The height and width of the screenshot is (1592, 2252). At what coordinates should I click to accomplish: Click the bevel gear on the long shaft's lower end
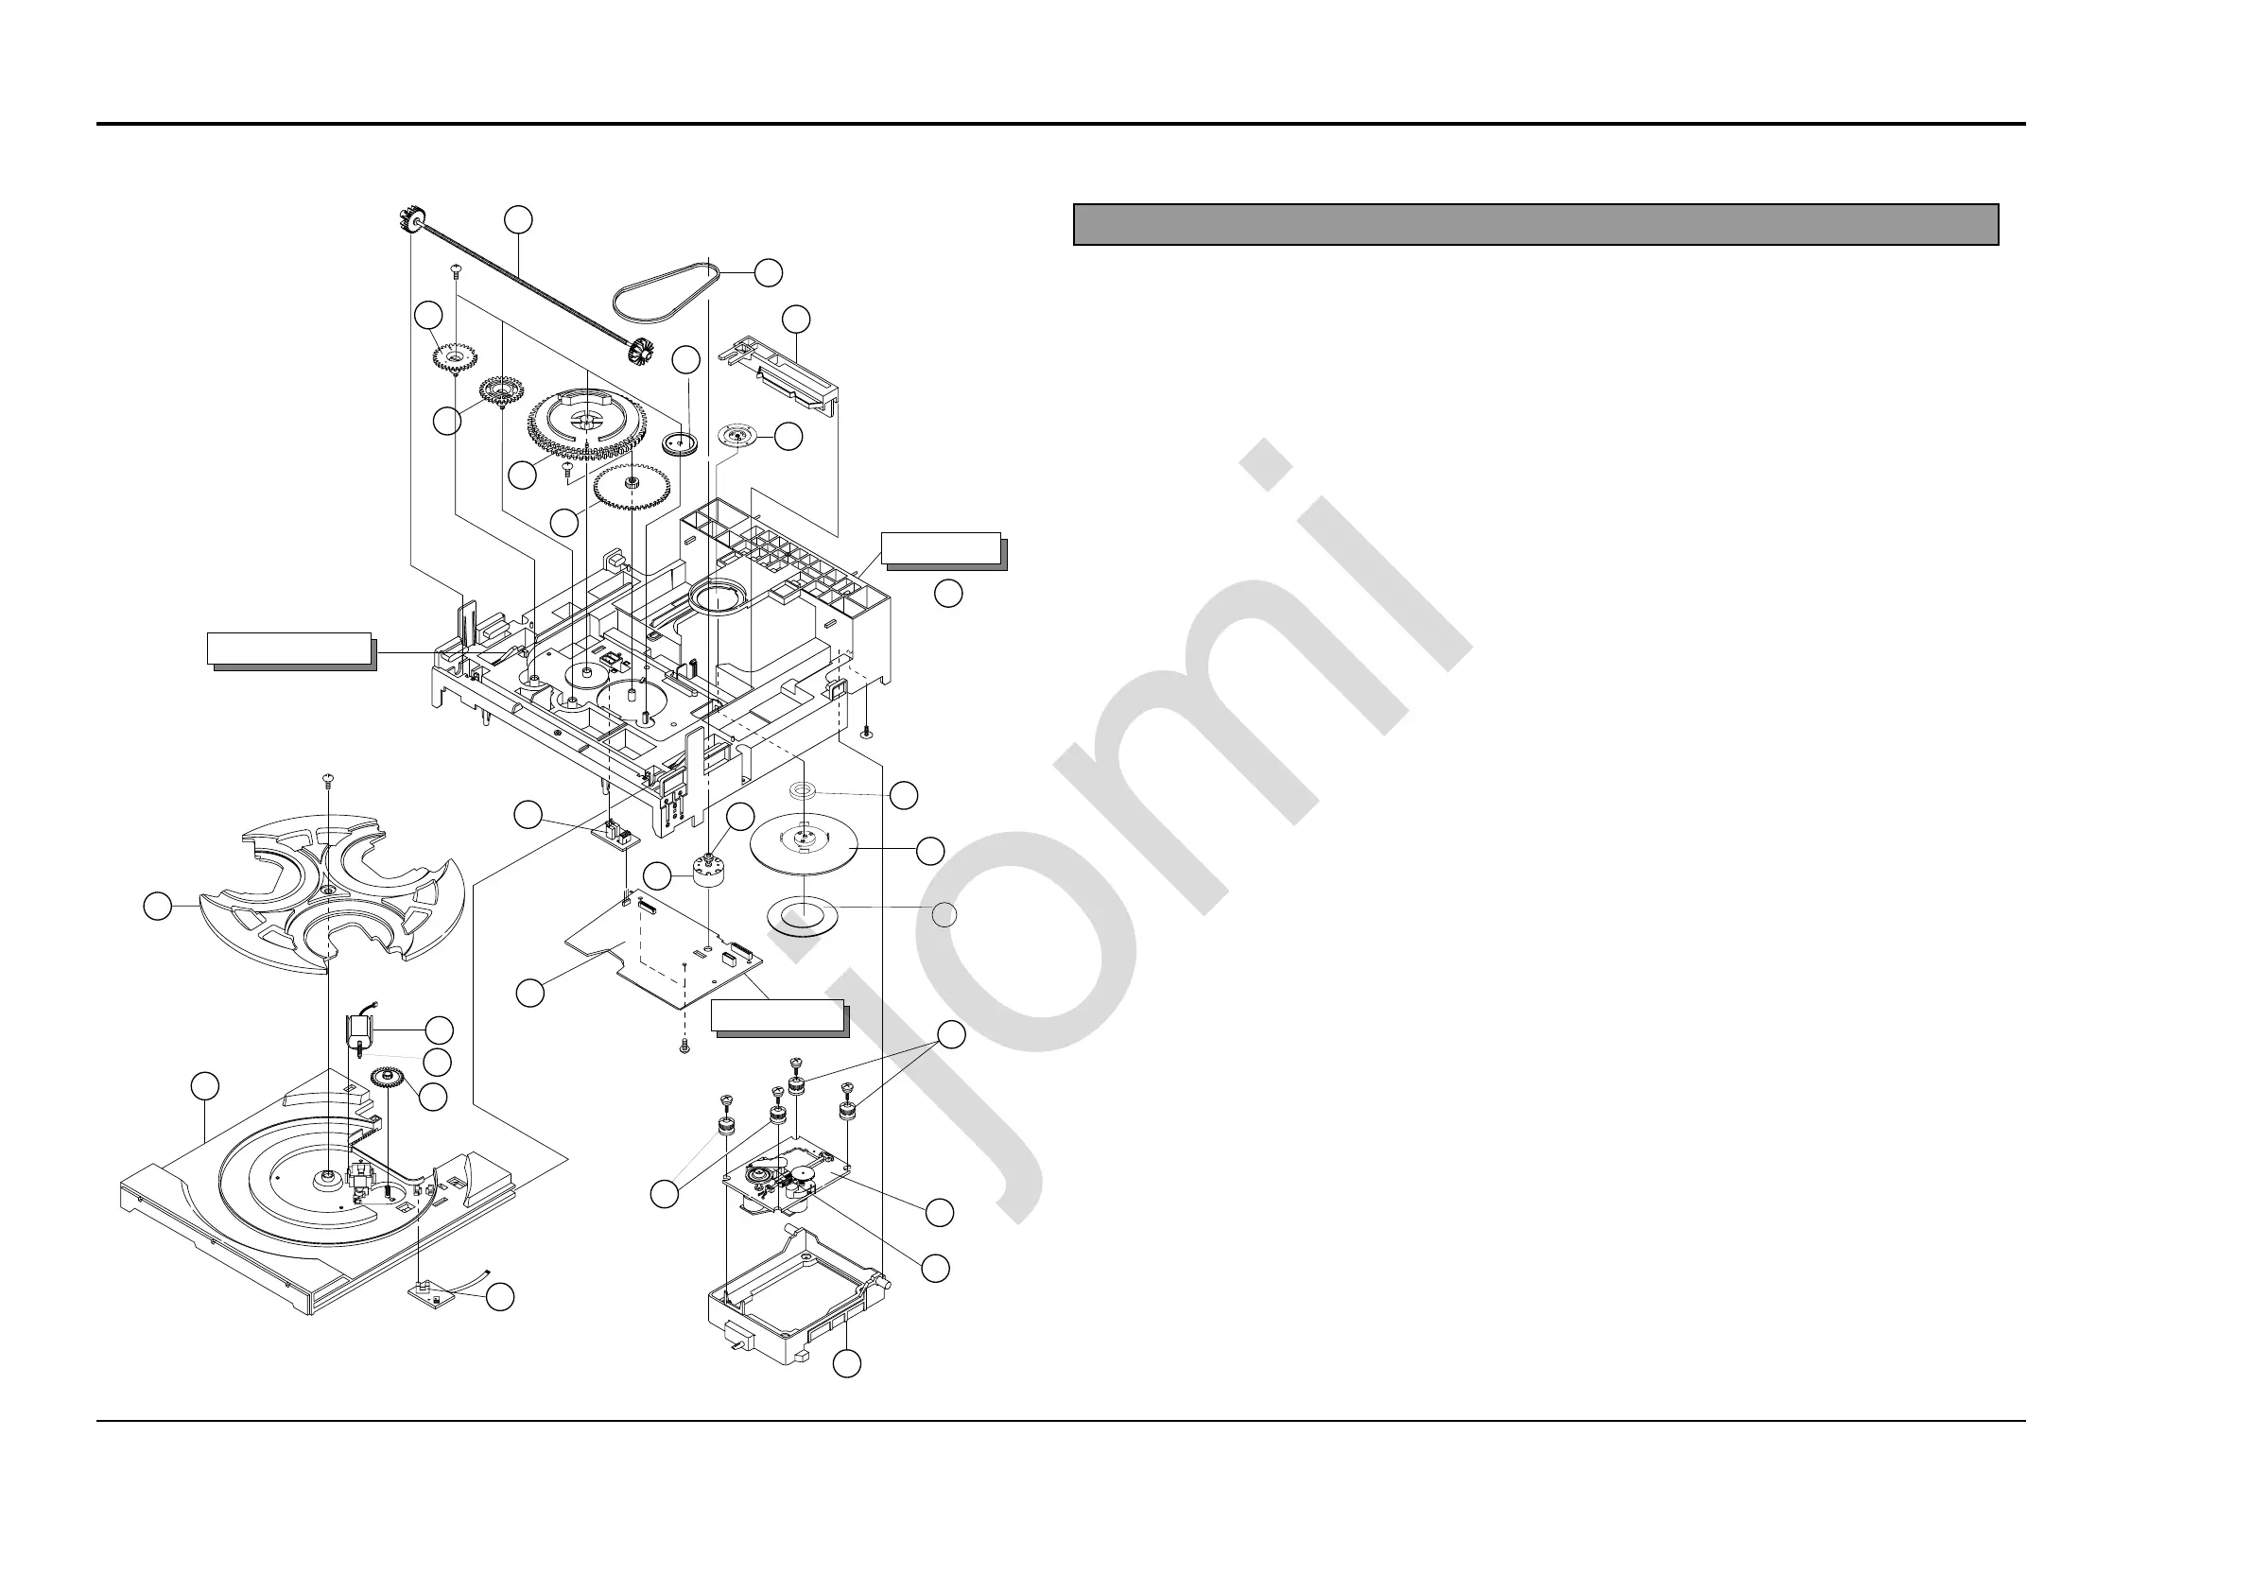pyautogui.click(x=645, y=350)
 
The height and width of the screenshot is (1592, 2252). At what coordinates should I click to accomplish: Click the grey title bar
pyautogui.click(x=1535, y=224)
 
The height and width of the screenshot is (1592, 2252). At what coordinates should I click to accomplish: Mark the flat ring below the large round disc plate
pyautogui.click(x=805, y=918)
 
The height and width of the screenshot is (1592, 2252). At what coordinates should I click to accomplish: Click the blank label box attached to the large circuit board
pyautogui.click(x=777, y=1016)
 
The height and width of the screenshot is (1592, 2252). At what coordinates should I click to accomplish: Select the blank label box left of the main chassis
pyautogui.click(x=289, y=649)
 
